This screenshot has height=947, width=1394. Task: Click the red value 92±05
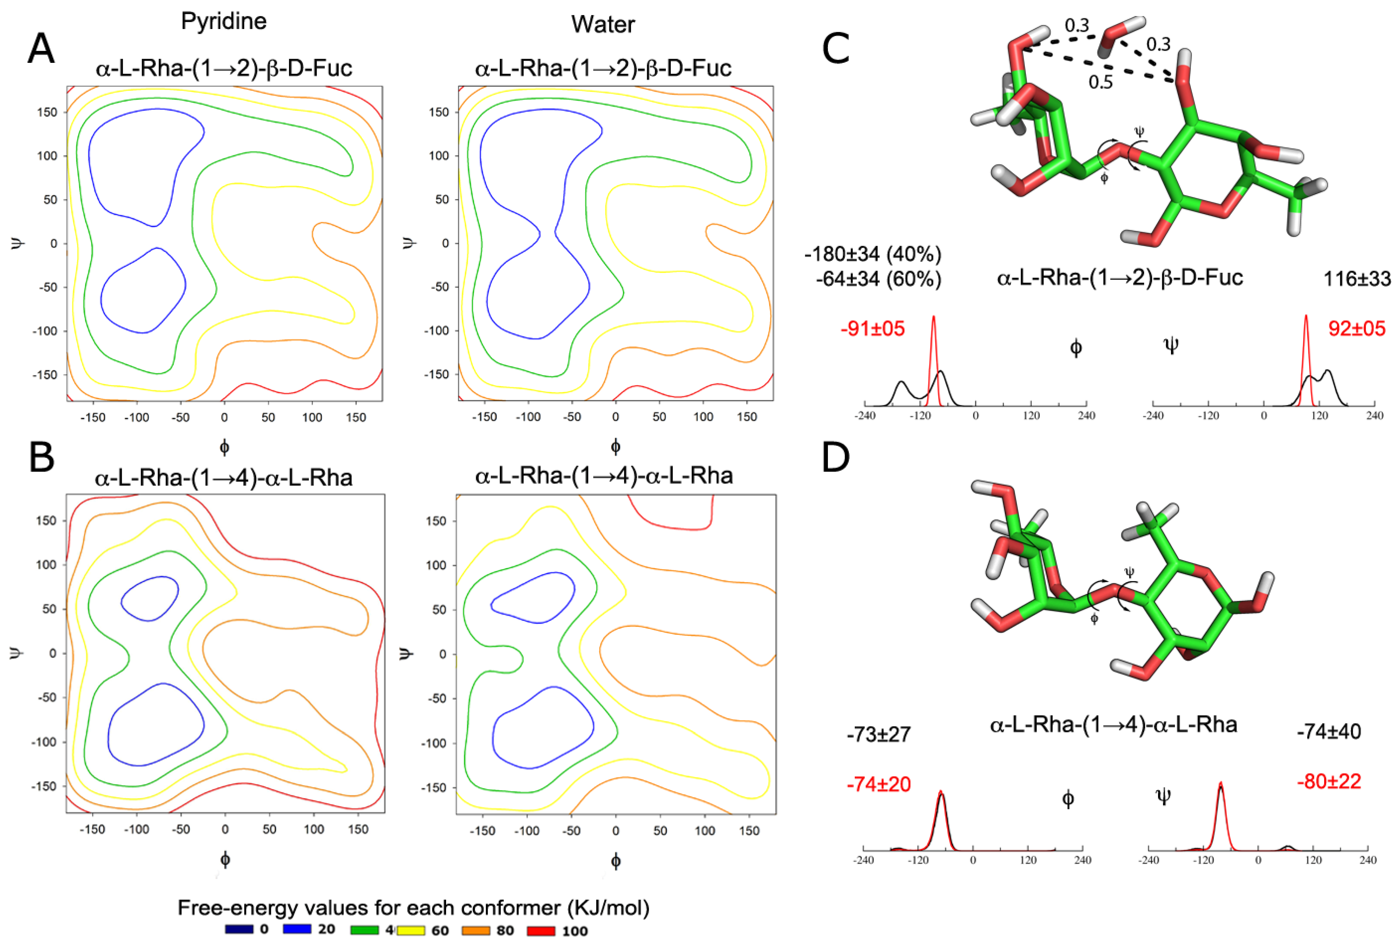(1356, 329)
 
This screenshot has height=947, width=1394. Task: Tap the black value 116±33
(1356, 279)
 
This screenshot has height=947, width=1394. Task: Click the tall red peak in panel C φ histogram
(933, 336)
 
